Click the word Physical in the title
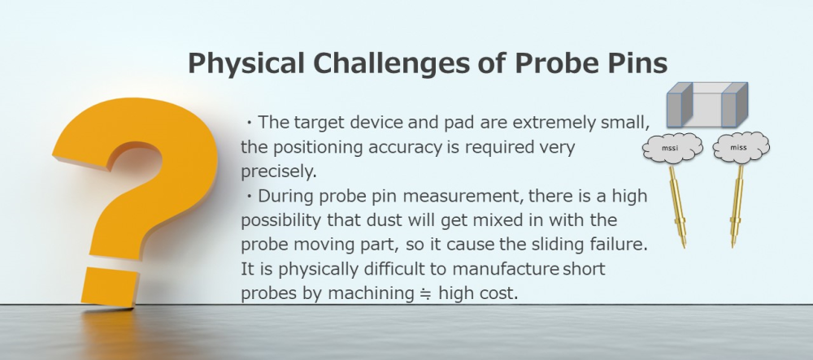(x=246, y=63)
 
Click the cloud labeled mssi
(x=672, y=148)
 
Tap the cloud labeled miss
(x=741, y=148)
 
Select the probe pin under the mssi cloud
(x=677, y=206)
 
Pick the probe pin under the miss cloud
(x=737, y=206)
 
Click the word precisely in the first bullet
(x=278, y=171)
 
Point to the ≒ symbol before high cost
(x=425, y=293)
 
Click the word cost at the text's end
(x=500, y=293)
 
